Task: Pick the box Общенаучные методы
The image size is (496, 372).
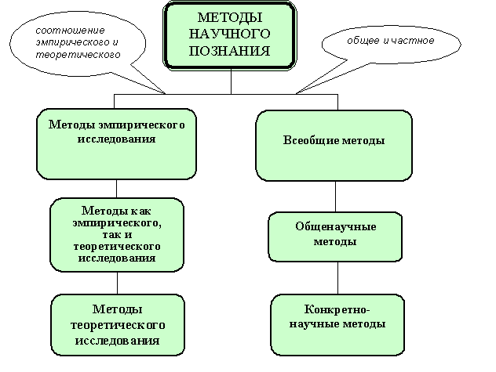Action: pyautogui.click(x=335, y=235)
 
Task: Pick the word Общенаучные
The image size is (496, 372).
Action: pyautogui.click(x=335, y=227)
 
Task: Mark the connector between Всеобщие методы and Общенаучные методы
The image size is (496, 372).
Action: pyautogui.click(x=336, y=197)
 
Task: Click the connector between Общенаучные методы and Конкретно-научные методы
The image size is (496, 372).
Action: pyautogui.click(x=337, y=278)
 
